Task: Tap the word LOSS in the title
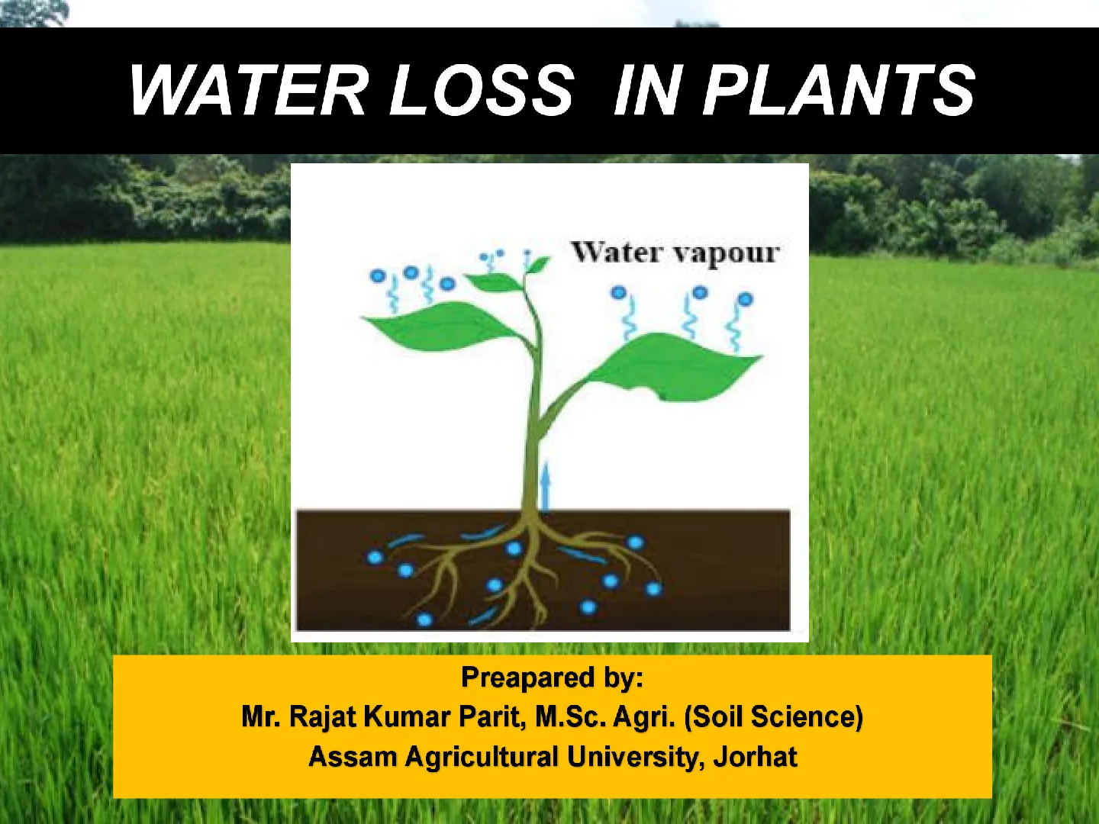click(482, 91)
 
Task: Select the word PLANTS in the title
click(840, 91)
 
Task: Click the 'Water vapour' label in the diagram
click(675, 253)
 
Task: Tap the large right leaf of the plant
click(673, 367)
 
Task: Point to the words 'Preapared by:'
click(552, 678)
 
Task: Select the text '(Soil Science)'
click(774, 716)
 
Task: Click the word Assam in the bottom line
click(353, 756)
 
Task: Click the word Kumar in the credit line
click(407, 716)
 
